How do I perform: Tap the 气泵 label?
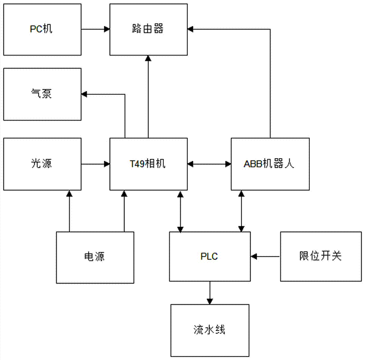tap(42, 94)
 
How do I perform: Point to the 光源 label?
tap(42, 164)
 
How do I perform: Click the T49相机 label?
tap(149, 164)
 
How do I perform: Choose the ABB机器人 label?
tap(270, 164)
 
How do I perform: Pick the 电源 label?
tap(95, 257)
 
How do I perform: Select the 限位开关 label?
tap(320, 257)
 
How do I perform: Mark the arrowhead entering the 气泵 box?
tap(84, 94)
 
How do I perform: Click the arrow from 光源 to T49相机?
tap(96, 164)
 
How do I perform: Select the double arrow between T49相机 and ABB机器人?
tap(210, 164)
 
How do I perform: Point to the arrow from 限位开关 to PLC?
tap(265, 257)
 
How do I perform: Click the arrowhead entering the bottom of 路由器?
tap(148, 58)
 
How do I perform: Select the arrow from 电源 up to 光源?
tap(69, 211)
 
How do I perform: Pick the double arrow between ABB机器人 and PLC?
tap(241, 211)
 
